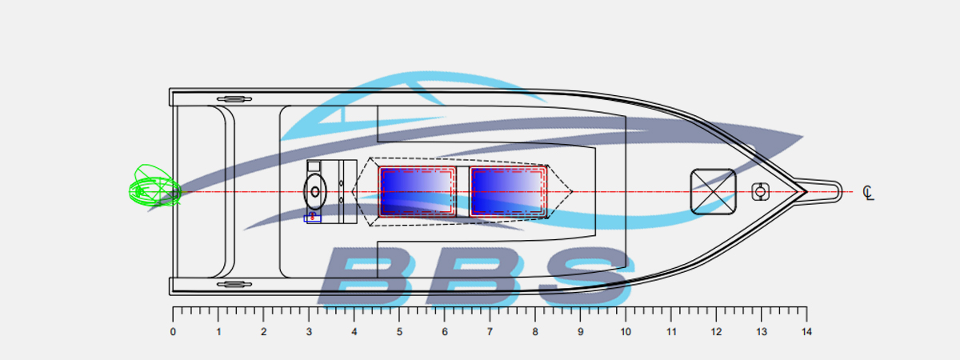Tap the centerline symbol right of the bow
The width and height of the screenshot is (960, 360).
tap(868, 193)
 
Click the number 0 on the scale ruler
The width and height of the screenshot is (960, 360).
tap(173, 332)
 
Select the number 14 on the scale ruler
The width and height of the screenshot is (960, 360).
tap(806, 332)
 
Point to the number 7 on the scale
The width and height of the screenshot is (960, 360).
tap(490, 332)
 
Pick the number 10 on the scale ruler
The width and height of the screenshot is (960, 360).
tap(626, 332)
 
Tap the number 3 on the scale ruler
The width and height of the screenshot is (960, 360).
tap(309, 332)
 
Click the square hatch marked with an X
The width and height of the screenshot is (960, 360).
tap(713, 191)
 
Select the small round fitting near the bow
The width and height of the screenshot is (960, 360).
tap(760, 191)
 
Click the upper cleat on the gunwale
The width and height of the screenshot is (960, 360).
tap(234, 99)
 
